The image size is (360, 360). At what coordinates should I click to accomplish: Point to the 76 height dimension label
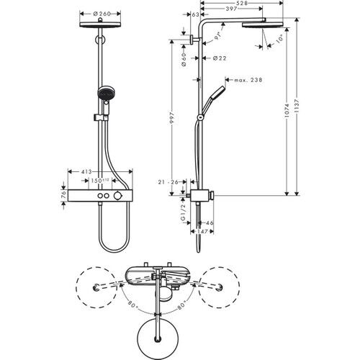click(63, 195)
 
